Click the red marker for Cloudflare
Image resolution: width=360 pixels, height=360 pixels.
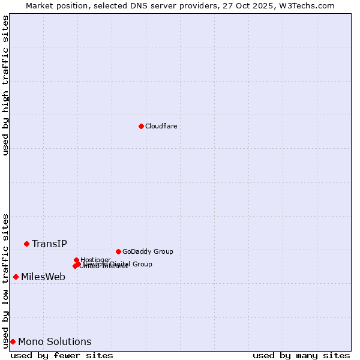pos(141,126)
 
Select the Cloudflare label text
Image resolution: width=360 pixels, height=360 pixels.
pos(161,126)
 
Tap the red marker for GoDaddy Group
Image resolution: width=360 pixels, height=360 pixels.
pos(118,251)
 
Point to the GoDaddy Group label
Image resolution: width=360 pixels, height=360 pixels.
pos(148,251)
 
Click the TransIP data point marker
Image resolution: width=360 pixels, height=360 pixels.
pos(26,244)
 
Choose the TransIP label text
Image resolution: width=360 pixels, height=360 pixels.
pos(49,244)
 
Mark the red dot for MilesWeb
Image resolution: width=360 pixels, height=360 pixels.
pos(16,277)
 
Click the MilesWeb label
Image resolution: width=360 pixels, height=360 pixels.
pos(43,277)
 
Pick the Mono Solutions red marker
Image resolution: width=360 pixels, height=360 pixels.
pos(13,341)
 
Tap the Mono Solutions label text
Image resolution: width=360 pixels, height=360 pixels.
pos(55,341)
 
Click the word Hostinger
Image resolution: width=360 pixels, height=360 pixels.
pos(95,260)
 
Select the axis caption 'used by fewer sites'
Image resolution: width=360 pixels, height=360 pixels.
pos(62,355)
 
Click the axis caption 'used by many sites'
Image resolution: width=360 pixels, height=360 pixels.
pos(301,355)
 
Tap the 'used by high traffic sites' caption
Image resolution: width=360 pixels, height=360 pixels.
pos(5,85)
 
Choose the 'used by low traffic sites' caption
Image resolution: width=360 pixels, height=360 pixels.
pos(5,281)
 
